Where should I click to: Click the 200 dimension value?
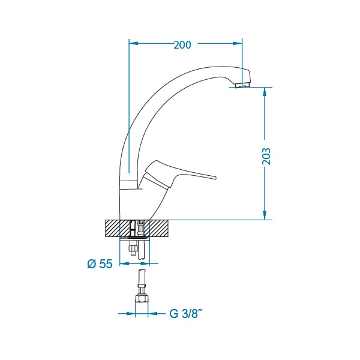[x=182, y=45]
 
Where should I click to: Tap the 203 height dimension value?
[x=266, y=157]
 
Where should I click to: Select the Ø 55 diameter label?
[x=100, y=264]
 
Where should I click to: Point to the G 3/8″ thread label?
[x=186, y=313]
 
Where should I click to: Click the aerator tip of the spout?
[x=242, y=85]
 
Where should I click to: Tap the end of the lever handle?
[x=215, y=178]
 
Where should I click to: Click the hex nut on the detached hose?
[x=142, y=298]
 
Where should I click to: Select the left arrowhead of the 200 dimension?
[x=134, y=43]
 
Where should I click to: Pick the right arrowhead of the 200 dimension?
[x=238, y=43]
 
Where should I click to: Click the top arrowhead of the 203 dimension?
[x=265, y=92]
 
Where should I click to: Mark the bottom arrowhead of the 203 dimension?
[x=265, y=215]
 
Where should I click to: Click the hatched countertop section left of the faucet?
[x=113, y=228]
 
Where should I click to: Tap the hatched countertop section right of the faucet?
[x=159, y=228]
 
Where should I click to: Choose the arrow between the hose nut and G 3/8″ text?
[x=157, y=313]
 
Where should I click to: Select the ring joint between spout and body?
[x=129, y=185]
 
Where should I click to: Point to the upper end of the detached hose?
[x=142, y=271]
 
